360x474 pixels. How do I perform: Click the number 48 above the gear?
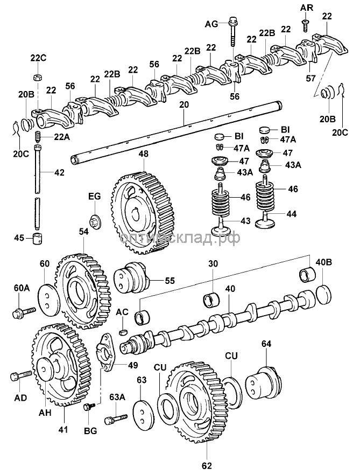coord(143,154)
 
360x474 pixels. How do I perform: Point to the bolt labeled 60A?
coord(24,311)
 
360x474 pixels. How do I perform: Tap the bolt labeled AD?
coord(21,374)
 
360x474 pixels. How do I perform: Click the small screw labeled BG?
coord(87,408)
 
